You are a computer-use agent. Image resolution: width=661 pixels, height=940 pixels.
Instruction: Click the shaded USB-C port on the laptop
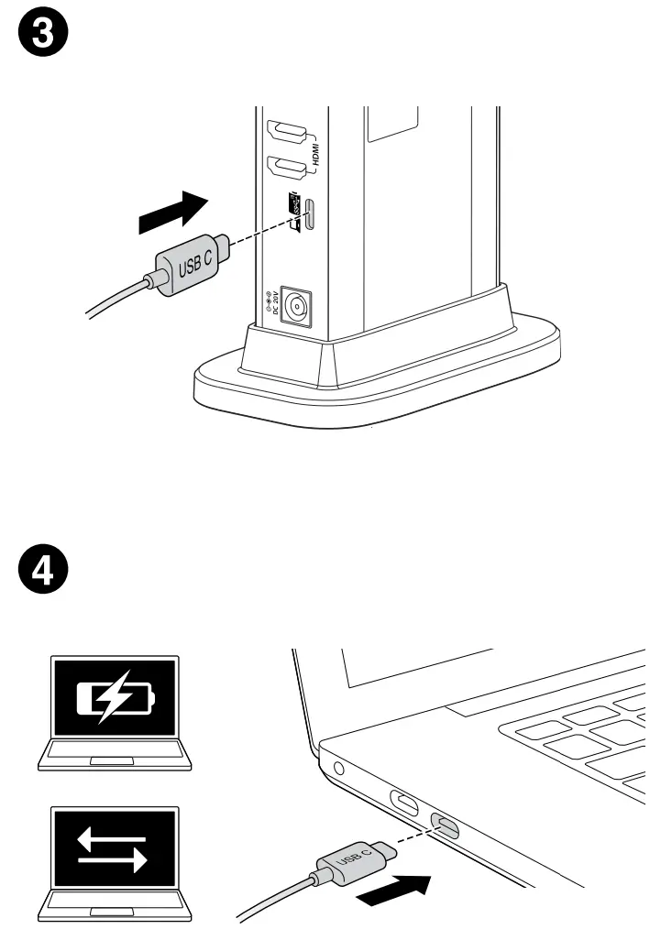[446, 828]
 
